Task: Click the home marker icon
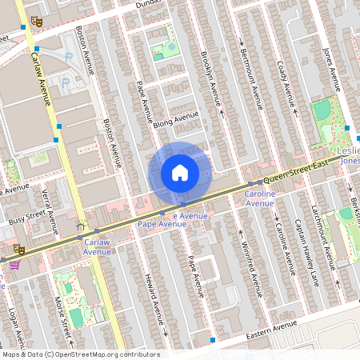pos(179,173)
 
